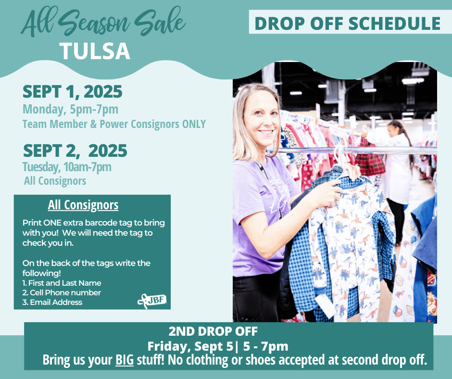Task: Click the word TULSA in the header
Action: tap(95, 51)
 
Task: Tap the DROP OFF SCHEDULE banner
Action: tap(348, 23)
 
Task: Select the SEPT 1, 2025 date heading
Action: tap(72, 92)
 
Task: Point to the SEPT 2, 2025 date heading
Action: tap(75, 151)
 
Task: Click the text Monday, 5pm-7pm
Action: tap(70, 109)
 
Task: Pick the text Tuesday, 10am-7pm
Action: tap(67, 167)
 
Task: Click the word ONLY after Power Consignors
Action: tap(194, 124)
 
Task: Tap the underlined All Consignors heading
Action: tap(83, 205)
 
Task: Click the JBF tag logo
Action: tap(152, 301)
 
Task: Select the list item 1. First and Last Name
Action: tap(62, 283)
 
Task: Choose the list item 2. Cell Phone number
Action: tap(62, 292)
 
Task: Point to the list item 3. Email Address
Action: tap(52, 302)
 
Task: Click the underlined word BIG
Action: tap(125, 360)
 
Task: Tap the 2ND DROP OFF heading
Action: tap(213, 331)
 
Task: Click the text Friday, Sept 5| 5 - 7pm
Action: tap(218, 346)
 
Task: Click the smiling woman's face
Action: tap(262, 120)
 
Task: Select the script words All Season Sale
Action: tap(103, 22)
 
